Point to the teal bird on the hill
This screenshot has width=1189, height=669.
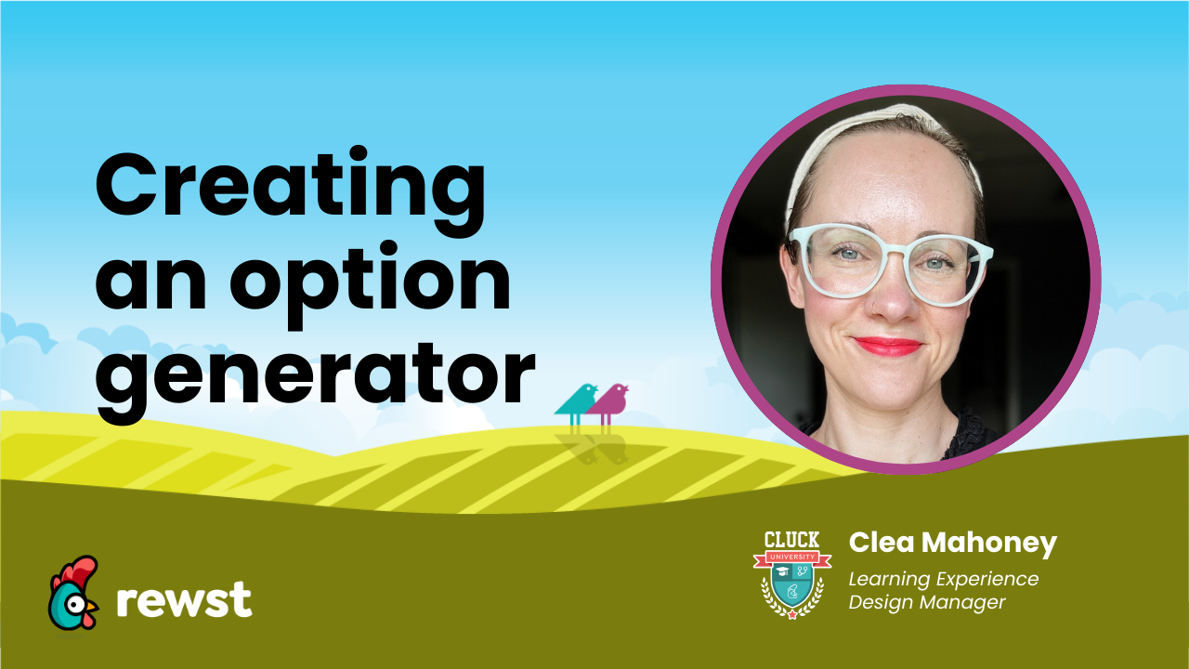tap(576, 401)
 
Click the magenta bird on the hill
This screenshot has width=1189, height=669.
tap(608, 401)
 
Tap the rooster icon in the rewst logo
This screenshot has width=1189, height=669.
tap(73, 594)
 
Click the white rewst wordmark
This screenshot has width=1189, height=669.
tap(184, 600)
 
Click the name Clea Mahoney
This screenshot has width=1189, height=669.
tap(953, 543)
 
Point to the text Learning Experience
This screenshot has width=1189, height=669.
tap(944, 579)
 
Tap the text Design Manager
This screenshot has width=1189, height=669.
tap(927, 603)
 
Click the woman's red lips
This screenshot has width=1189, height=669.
tap(886, 347)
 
